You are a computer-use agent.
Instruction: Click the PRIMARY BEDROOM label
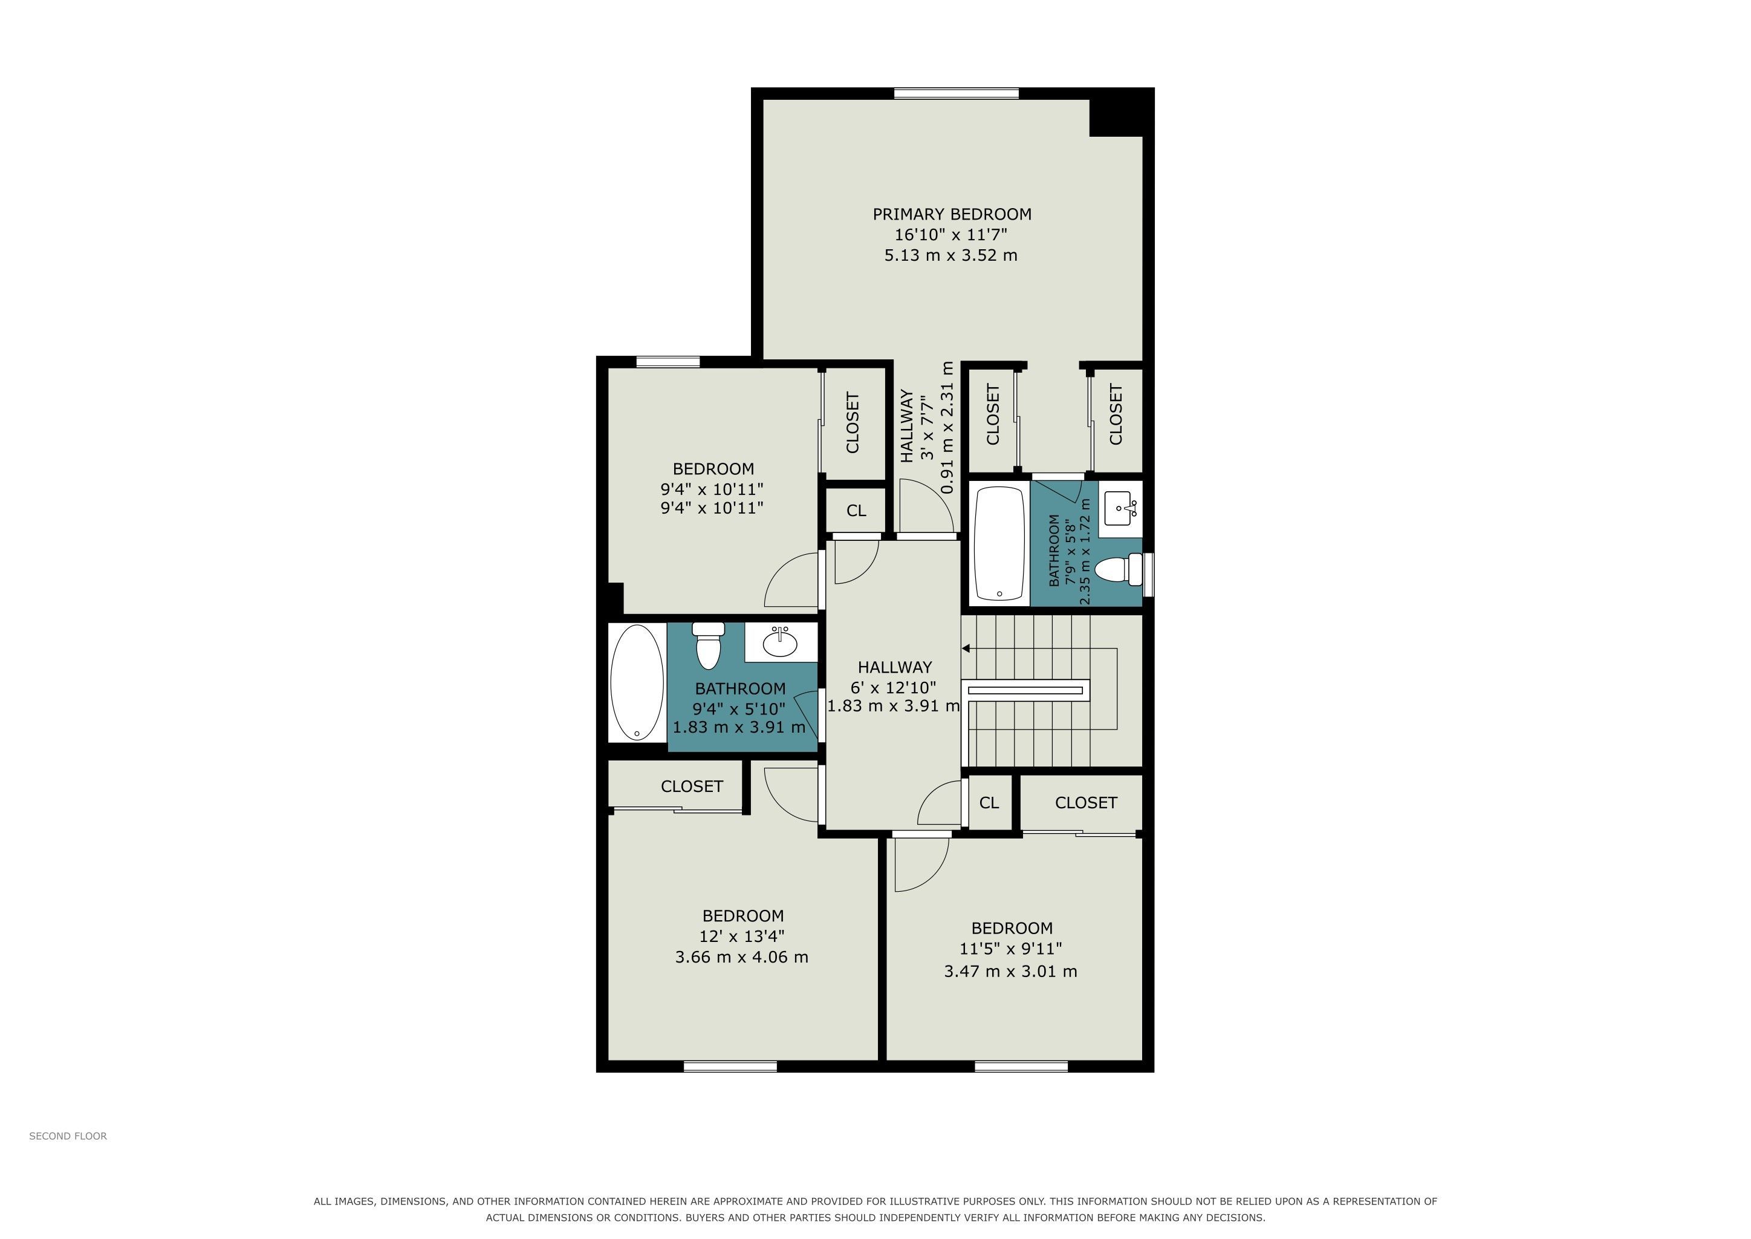(952, 214)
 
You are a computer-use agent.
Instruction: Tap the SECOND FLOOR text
(68, 1136)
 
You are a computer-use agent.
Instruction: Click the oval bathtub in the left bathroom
(637, 683)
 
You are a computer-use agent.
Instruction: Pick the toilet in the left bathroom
(709, 646)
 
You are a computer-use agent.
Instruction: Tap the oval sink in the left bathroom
(780, 642)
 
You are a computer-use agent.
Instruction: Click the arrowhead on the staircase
(966, 649)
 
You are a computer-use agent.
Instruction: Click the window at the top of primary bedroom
(957, 94)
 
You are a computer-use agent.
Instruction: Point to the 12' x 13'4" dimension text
(742, 936)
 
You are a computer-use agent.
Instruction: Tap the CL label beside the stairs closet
(989, 803)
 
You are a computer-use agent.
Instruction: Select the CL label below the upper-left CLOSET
(856, 511)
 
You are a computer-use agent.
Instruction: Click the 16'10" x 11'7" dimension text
(951, 235)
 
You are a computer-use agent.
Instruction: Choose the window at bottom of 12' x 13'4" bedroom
(730, 1067)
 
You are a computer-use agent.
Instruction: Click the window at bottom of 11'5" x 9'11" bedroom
(1021, 1067)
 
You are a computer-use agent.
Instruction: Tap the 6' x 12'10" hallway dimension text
(893, 687)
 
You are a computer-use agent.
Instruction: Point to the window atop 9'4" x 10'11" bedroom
(668, 362)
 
